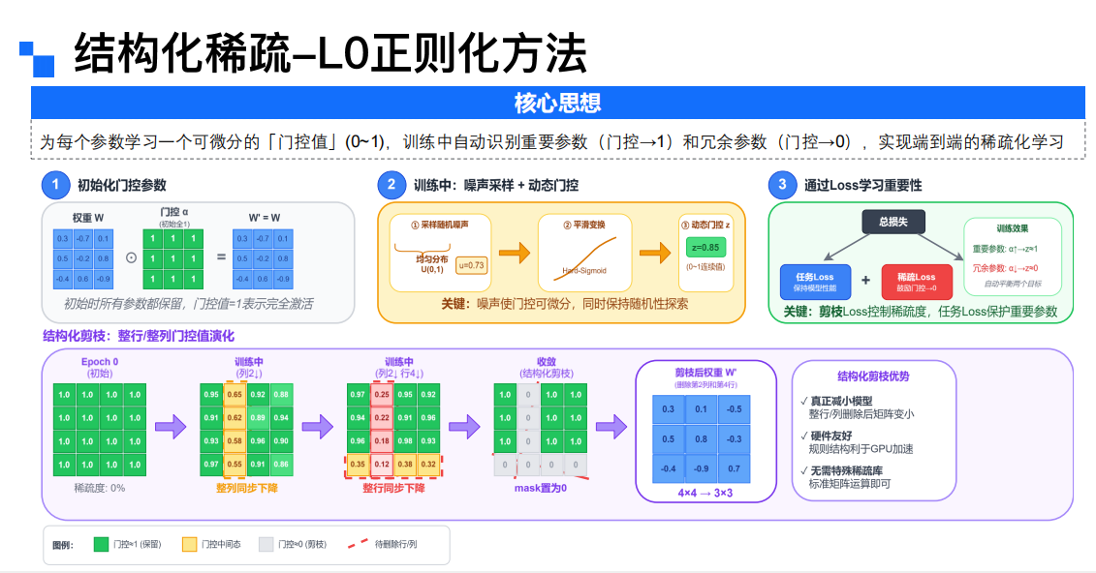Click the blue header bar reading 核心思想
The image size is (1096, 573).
pyautogui.click(x=557, y=102)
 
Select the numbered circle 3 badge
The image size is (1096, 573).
pyautogui.click(x=781, y=185)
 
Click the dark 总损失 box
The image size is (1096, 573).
pyautogui.click(x=892, y=221)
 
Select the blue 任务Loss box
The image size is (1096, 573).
pyautogui.click(x=814, y=282)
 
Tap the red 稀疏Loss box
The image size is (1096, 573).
pyautogui.click(x=916, y=282)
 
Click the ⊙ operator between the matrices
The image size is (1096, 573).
pyautogui.click(x=132, y=258)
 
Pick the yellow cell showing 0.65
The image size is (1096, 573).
pyautogui.click(x=235, y=395)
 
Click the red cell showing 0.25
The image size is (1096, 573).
pyautogui.click(x=382, y=395)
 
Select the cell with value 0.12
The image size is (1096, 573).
pyautogui.click(x=382, y=464)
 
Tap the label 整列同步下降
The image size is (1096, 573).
pyautogui.click(x=246, y=488)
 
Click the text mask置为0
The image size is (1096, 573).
pyautogui.click(x=540, y=488)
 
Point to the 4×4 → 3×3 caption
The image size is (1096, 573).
pyautogui.click(x=705, y=492)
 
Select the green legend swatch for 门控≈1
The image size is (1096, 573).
pyautogui.click(x=101, y=544)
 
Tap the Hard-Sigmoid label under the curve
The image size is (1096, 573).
pyautogui.click(x=584, y=270)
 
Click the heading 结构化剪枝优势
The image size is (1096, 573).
pyautogui.click(x=873, y=377)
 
